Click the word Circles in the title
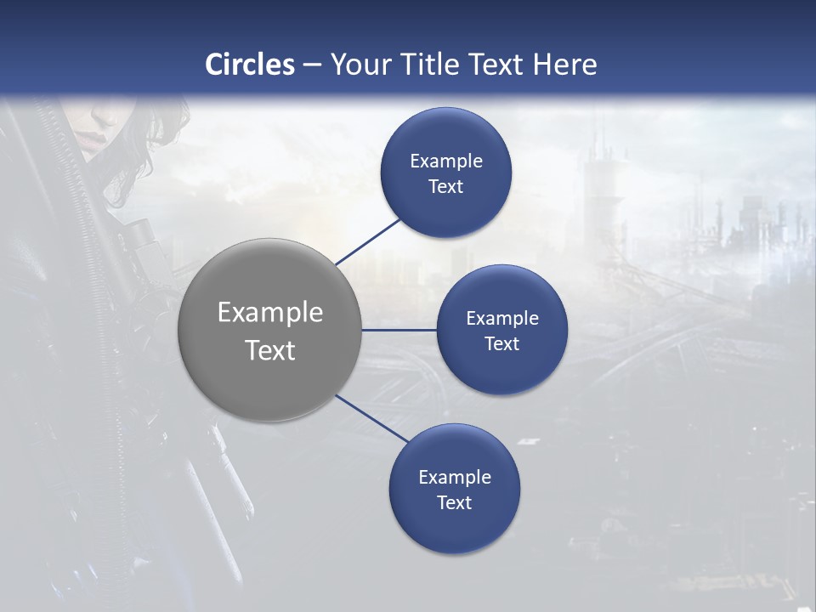pyautogui.click(x=250, y=65)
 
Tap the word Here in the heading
pyautogui.click(x=564, y=65)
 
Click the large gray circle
pyautogui.click(x=269, y=374)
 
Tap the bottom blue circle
pyautogui.click(x=454, y=527)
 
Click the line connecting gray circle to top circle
pyautogui.click(x=368, y=241)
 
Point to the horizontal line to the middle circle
pyautogui.click(x=399, y=330)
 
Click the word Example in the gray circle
pyautogui.click(x=269, y=313)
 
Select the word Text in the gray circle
pyautogui.click(x=269, y=350)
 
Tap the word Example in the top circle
pyautogui.click(x=445, y=161)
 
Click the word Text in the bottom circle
pyautogui.click(x=454, y=502)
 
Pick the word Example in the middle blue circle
pyautogui.click(x=501, y=319)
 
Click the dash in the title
pyautogui.click(x=312, y=65)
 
